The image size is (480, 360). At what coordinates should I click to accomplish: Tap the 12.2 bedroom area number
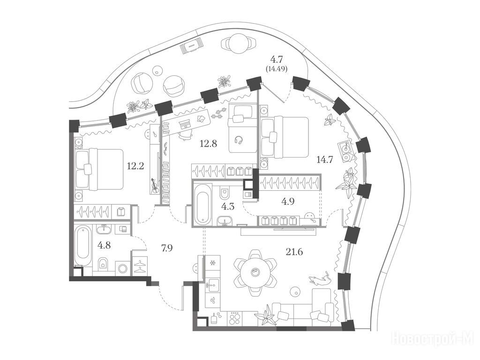click(135, 166)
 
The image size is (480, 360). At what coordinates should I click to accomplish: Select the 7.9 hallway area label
click(167, 247)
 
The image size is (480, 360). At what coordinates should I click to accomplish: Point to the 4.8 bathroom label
click(104, 245)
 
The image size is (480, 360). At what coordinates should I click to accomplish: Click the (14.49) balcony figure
click(277, 69)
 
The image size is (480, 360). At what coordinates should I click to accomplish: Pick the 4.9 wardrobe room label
click(288, 202)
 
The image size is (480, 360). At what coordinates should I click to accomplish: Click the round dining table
click(254, 272)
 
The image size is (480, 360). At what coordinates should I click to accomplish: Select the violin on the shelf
click(155, 186)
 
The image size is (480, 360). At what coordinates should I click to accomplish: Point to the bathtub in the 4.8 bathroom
click(83, 247)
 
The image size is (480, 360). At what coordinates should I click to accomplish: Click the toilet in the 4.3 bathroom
click(225, 193)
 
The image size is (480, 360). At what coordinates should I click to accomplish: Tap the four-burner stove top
click(235, 319)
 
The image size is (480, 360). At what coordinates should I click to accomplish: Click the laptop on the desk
click(185, 124)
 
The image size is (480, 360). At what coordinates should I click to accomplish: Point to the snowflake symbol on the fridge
click(212, 263)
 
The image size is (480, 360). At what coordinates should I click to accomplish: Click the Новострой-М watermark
click(433, 339)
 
